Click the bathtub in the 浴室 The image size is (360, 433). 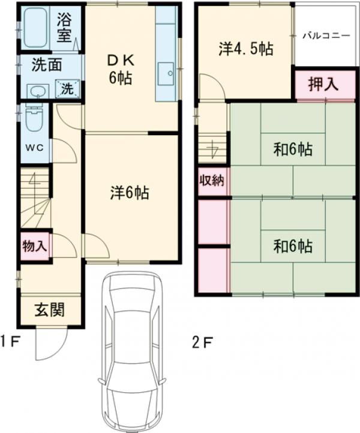pyautogui.click(x=35, y=28)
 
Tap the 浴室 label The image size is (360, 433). pyautogui.click(x=64, y=28)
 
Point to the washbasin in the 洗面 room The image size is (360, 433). pyautogui.click(x=38, y=91)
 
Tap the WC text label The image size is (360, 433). pyautogui.click(x=35, y=148)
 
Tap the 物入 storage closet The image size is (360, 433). pyautogui.click(x=35, y=246)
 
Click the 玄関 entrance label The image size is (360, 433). pyautogui.click(x=50, y=309)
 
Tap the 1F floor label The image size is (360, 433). pyautogui.click(x=10, y=342)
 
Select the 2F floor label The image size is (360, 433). pyautogui.click(x=202, y=343)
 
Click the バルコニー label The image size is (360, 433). pyautogui.click(x=326, y=36)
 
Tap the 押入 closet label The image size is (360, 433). pyautogui.click(x=323, y=84)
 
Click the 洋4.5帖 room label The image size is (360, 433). pyautogui.click(x=246, y=49)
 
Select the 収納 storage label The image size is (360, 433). pyautogui.click(x=212, y=181)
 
